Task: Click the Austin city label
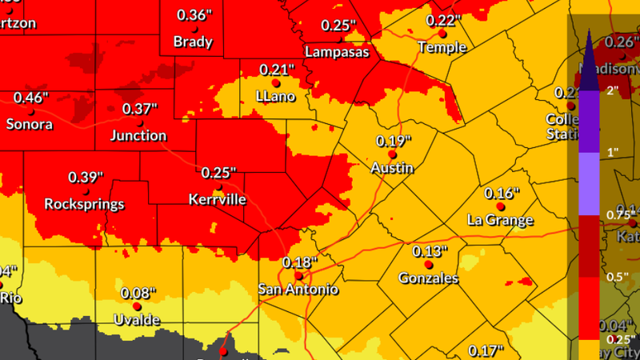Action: coord(392,168)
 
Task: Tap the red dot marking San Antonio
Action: coord(298,275)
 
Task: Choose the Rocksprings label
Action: coord(85,203)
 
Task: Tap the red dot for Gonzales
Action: coord(428,265)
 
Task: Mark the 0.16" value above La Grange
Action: coord(502,194)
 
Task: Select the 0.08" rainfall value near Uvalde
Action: coord(138,293)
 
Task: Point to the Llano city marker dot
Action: coord(276,82)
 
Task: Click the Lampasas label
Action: coord(338,51)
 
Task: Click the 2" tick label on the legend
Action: coord(613,90)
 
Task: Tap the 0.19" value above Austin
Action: coord(394,141)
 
